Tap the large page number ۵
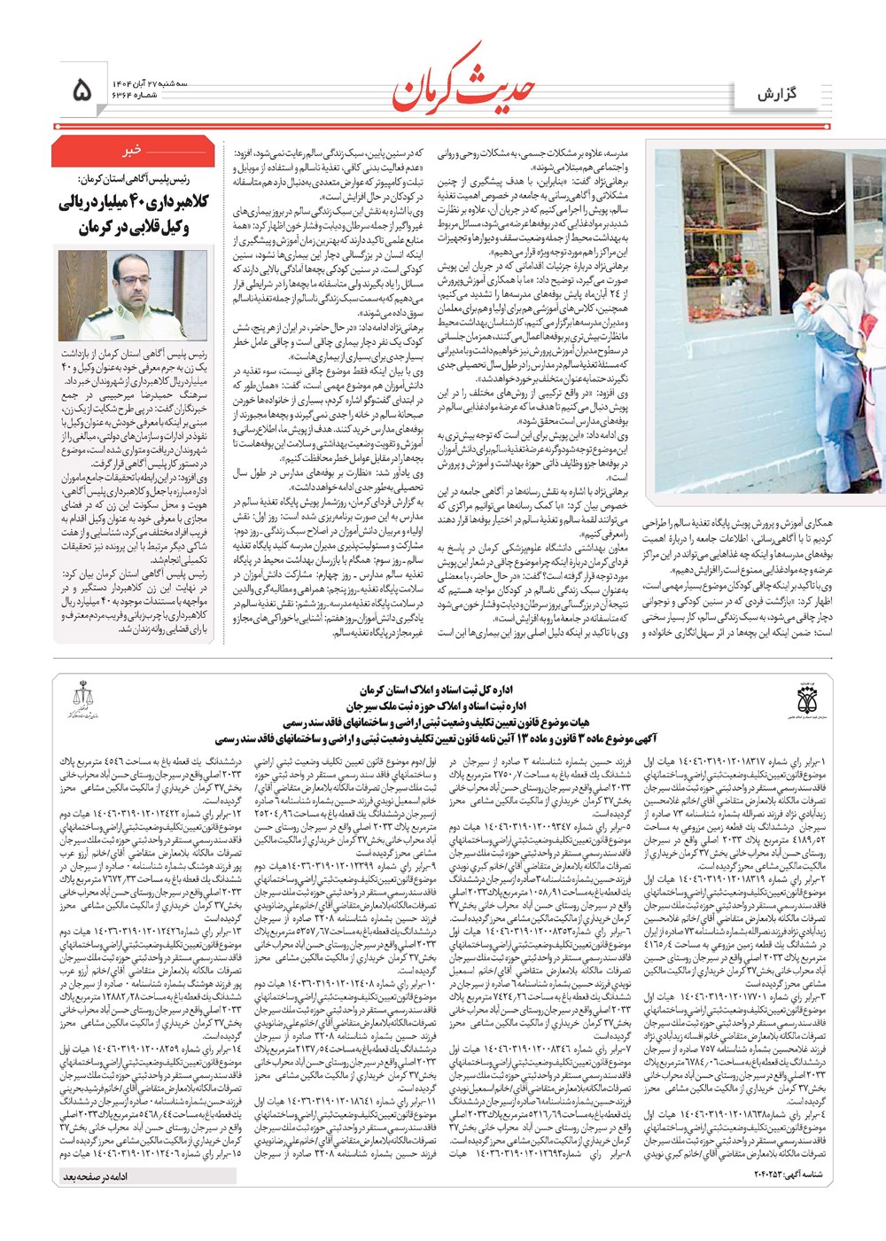pyautogui.click(x=81, y=90)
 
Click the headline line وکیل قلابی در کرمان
pyautogui.click(x=133, y=227)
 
